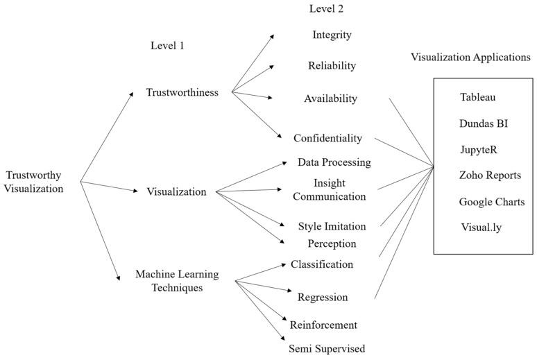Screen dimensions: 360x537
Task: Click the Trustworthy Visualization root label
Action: tap(34, 182)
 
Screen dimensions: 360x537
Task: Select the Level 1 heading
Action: tap(167, 46)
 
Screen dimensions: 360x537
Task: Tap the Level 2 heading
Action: tap(326, 9)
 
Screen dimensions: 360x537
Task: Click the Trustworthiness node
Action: tap(182, 92)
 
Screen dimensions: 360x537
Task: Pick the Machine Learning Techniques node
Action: tap(177, 281)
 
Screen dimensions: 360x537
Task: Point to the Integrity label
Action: tap(332, 35)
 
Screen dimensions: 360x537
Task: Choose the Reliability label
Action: tap(332, 66)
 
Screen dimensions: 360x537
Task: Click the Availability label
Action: tap(330, 98)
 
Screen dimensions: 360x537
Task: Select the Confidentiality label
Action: tap(327, 138)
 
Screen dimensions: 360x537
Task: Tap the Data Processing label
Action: tap(334, 162)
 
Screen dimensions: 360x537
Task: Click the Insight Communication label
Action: tap(329, 189)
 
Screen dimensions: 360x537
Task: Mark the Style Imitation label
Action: tap(332, 226)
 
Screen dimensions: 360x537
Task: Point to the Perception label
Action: tap(332, 243)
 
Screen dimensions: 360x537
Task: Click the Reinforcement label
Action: tap(323, 325)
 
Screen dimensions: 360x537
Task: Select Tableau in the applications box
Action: tap(478, 97)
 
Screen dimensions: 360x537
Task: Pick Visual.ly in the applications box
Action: tap(481, 227)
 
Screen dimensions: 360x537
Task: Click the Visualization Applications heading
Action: tap(470, 58)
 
